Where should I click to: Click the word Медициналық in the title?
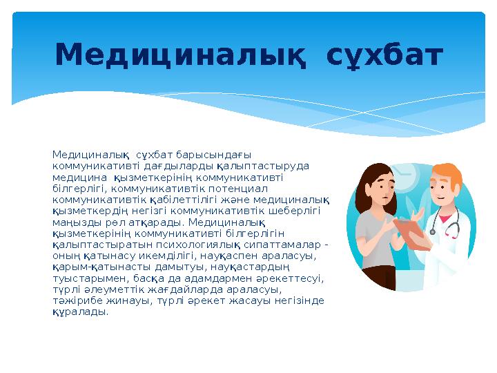point(181,56)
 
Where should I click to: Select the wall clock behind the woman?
point(403,180)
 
